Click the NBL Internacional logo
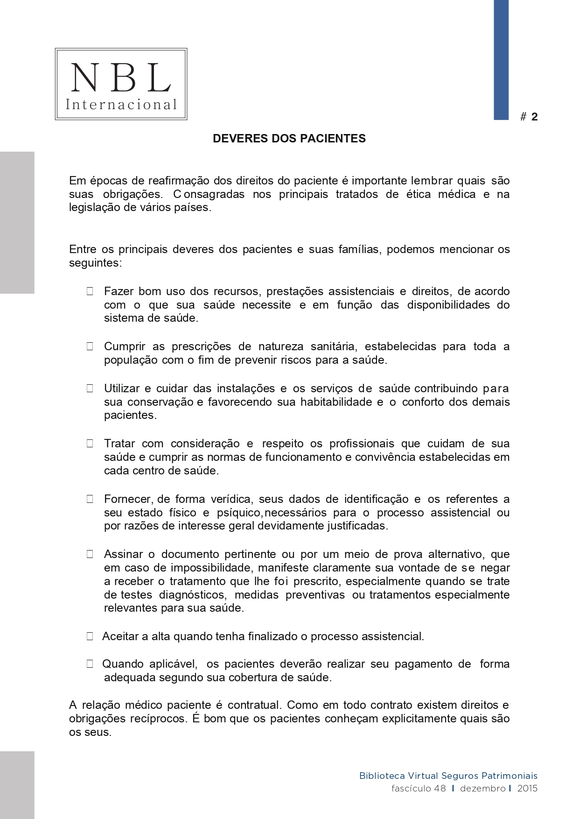pos(121,84)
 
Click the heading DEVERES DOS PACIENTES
pos(289,139)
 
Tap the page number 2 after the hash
pos(535,117)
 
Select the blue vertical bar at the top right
pos(501,60)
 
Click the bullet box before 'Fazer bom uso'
pos(90,291)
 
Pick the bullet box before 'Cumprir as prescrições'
pos(90,346)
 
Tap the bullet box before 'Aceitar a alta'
pos(90,636)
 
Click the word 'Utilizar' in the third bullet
pos(121,388)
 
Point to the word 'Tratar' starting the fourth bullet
pos(119,444)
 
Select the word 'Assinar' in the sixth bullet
pos(122,554)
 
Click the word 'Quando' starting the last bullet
pos(123,664)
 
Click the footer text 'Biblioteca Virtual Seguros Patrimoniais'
pos(448,776)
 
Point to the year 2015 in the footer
pos(527,789)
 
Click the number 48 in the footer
pos(439,789)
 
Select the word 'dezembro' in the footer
pos(482,789)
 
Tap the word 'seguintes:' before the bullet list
pos(95,263)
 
